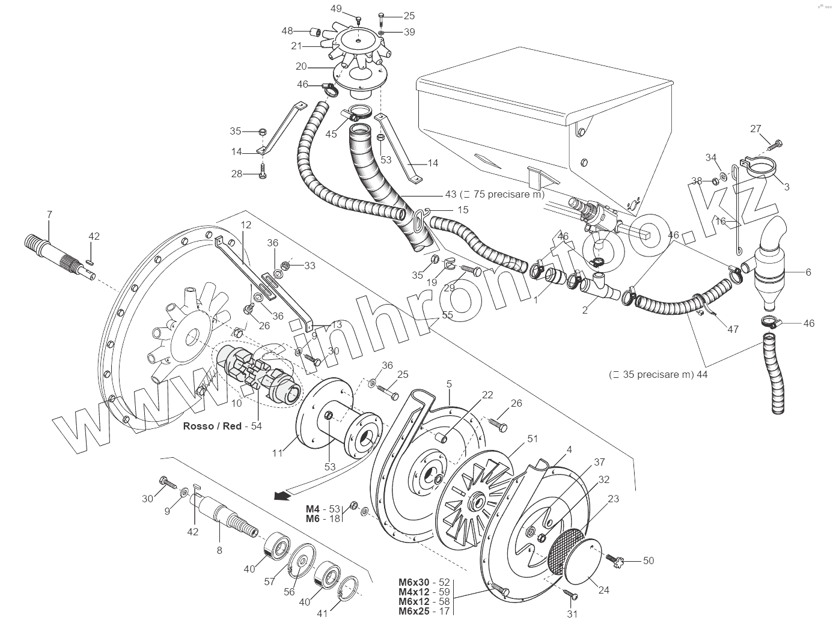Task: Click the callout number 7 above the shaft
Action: click(x=49, y=214)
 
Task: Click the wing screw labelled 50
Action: click(x=614, y=561)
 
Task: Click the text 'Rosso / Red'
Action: click(x=212, y=426)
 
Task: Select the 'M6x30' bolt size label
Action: click(x=413, y=582)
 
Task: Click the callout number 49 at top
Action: click(x=336, y=8)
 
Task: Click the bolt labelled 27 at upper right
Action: click(x=773, y=144)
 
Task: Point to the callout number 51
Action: click(x=533, y=439)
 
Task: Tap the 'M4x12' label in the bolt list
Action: click(x=413, y=592)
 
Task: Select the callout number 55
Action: click(x=448, y=315)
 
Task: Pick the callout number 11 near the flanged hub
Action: click(x=278, y=453)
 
